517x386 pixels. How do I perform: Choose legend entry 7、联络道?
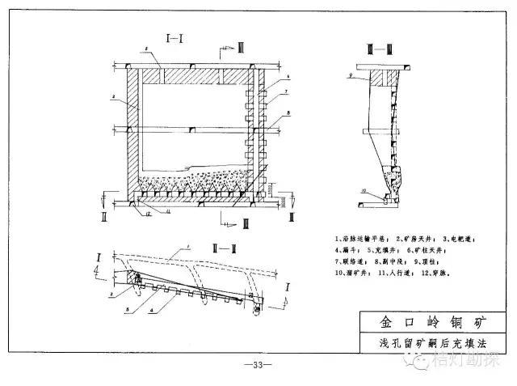coord(349,261)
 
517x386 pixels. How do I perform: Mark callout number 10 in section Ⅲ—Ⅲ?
coord(363,191)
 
